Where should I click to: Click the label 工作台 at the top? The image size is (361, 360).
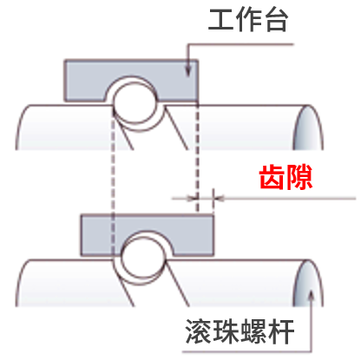[248, 20]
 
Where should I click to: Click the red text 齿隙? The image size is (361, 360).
[286, 177]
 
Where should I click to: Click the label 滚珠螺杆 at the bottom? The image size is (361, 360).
[240, 331]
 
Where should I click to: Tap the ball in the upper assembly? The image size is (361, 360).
[135, 102]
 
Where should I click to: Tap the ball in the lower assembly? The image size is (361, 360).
[143, 257]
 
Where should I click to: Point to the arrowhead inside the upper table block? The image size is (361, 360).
[188, 71]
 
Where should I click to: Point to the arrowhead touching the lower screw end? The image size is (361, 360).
[311, 296]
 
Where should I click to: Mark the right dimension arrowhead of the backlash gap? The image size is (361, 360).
[220, 199]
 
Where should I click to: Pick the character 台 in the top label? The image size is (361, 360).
[275, 20]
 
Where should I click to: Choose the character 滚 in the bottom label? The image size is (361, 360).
[198, 331]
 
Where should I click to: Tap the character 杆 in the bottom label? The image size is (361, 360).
[280, 331]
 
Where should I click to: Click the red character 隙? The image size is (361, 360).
[299, 177]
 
